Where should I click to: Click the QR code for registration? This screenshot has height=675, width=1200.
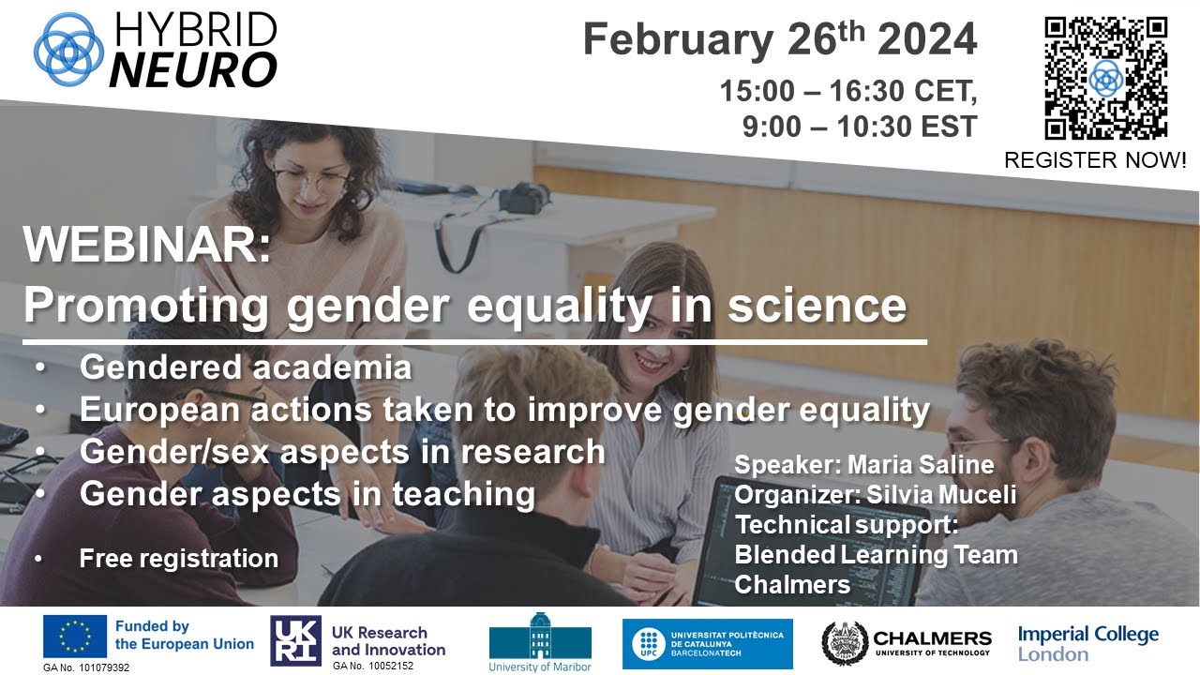(x=1105, y=79)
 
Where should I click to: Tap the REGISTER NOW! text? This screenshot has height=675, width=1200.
(x=1095, y=160)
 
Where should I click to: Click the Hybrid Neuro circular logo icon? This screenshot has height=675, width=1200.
(x=68, y=48)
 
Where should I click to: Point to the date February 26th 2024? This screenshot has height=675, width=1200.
(x=779, y=40)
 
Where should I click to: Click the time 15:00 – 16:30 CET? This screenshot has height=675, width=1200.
(x=847, y=92)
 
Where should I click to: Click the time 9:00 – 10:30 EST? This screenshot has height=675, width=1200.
(x=859, y=126)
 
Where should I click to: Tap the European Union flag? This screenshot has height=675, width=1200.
(x=74, y=637)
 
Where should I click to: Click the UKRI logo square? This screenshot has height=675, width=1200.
(x=295, y=640)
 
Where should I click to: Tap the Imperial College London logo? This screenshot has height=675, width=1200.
(x=1087, y=643)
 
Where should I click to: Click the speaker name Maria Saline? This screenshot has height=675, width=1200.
(x=920, y=465)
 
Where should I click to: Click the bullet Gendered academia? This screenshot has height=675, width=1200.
(x=246, y=367)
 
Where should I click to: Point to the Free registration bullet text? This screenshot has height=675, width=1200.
(x=178, y=559)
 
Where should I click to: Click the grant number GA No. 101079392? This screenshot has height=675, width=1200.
(x=86, y=667)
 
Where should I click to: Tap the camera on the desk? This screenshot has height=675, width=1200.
(x=524, y=198)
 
